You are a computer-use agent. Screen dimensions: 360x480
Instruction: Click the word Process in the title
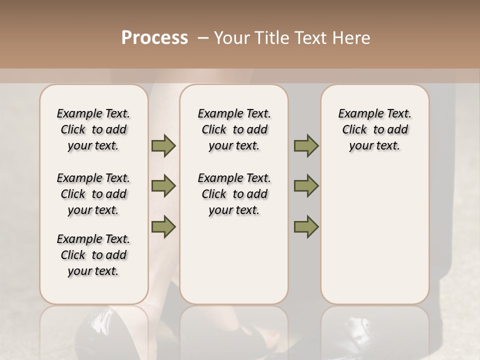[154, 38]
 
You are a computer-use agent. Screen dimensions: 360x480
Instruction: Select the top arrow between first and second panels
[163, 146]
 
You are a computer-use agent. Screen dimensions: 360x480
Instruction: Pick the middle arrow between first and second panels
[163, 186]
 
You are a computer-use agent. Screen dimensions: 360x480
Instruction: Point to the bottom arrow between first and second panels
[163, 227]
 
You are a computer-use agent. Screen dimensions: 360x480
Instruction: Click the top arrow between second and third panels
[306, 146]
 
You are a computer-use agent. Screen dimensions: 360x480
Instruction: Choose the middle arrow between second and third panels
[306, 186]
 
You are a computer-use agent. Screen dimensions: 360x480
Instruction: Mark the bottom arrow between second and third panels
[306, 227]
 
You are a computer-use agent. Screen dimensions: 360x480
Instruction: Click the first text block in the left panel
[93, 129]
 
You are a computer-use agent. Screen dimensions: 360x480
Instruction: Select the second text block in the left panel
[93, 194]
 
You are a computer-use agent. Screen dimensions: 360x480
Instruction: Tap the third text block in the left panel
[93, 255]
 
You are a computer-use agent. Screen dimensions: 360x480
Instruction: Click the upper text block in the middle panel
[234, 129]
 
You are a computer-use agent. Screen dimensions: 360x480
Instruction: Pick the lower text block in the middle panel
[234, 194]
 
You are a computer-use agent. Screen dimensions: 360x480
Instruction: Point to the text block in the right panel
[374, 129]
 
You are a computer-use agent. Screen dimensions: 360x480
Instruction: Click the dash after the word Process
[202, 38]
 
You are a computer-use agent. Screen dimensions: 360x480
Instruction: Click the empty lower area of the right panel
[374, 240]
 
